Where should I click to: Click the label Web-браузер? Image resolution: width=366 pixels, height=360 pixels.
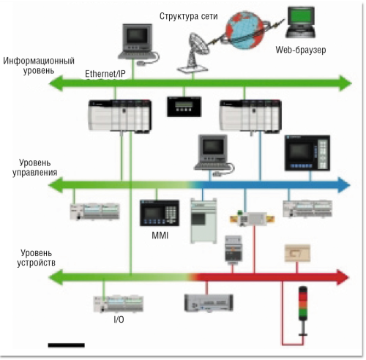[300, 50]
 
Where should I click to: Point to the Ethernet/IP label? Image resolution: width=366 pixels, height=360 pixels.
[106, 74]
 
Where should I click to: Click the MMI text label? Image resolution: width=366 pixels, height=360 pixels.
[160, 236]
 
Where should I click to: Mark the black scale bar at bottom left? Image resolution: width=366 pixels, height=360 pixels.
[67, 343]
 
